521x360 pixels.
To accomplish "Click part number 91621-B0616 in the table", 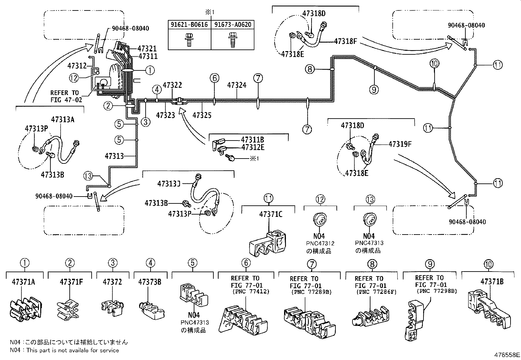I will pyautogui.click(x=189, y=25).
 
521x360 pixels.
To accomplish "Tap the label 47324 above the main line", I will pyautogui.click(x=237, y=85).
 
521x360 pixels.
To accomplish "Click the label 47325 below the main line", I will pyautogui.click(x=202, y=115).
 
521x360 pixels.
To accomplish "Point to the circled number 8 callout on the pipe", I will pyautogui.click(x=310, y=69).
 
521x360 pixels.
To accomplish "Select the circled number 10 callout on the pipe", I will pyautogui.click(x=434, y=64).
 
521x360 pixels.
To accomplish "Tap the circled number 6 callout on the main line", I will pyautogui.click(x=214, y=78).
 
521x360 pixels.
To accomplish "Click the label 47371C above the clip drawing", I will pyautogui.click(x=271, y=214).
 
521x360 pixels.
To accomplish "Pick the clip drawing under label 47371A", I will pyautogui.click(x=25, y=310).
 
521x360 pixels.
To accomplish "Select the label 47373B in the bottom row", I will pyautogui.click(x=150, y=282).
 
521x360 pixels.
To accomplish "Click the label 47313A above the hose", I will pyautogui.click(x=63, y=119).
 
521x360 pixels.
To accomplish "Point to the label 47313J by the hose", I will pyautogui.click(x=169, y=183).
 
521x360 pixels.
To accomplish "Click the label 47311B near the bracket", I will pyautogui.click(x=253, y=140).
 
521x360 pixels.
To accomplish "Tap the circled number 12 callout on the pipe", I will pyautogui.click(x=74, y=78).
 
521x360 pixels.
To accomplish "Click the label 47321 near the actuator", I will pyautogui.click(x=147, y=48).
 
